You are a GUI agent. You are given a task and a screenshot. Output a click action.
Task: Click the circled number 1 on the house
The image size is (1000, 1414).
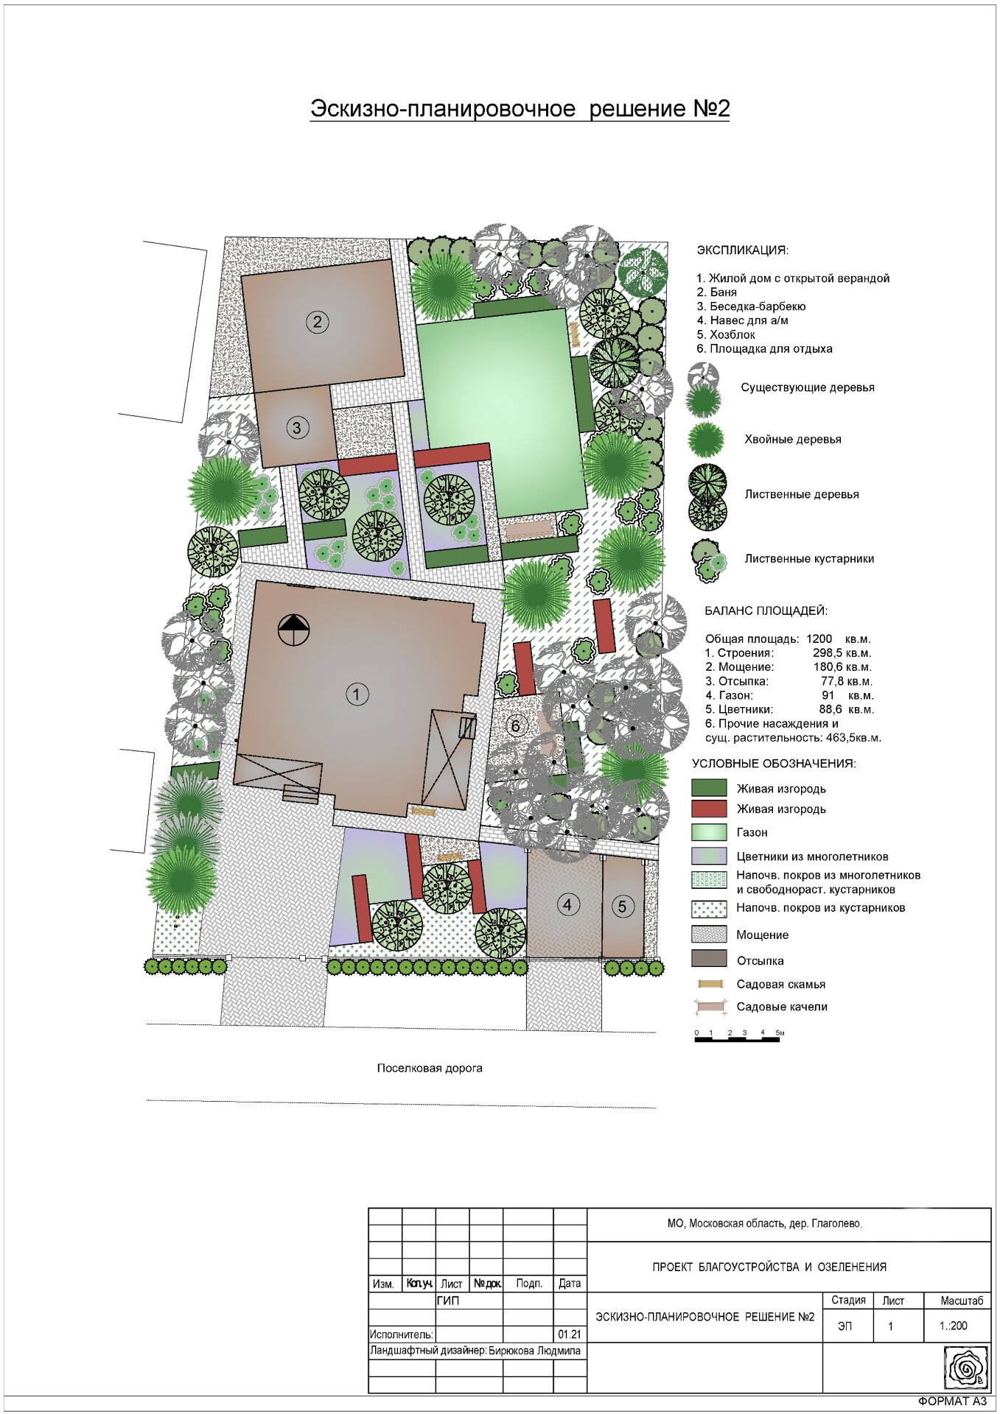[357, 694]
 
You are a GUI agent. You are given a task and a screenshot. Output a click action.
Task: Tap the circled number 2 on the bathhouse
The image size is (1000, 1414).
[318, 321]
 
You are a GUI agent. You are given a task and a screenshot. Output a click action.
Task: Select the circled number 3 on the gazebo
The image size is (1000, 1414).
[296, 427]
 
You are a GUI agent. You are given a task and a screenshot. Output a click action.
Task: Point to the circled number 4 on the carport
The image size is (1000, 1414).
[567, 904]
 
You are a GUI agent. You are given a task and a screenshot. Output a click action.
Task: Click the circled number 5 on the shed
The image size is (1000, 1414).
[622, 906]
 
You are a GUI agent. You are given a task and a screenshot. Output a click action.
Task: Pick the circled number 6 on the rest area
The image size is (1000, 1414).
[515, 725]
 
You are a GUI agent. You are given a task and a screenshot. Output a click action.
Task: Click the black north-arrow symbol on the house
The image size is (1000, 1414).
[294, 630]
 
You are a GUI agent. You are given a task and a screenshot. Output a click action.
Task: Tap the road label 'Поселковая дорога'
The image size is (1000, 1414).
[430, 1068]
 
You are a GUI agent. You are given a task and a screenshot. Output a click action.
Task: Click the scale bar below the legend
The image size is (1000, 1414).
[738, 1034]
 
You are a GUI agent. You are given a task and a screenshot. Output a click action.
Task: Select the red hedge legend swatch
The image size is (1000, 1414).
[709, 809]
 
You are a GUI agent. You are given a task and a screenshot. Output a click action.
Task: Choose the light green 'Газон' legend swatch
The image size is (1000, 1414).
[709, 832]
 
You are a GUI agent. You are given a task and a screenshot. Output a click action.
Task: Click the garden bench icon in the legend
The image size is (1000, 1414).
[710, 984]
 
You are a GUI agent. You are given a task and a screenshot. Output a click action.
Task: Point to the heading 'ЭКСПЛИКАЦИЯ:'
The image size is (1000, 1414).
[742, 250]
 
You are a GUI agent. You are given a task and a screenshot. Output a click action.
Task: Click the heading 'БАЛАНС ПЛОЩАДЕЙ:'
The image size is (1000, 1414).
[766, 611]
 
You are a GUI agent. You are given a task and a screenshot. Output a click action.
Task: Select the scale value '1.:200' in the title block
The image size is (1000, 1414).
[954, 1326]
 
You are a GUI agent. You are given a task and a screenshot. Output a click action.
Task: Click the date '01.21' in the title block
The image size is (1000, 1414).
[570, 1334]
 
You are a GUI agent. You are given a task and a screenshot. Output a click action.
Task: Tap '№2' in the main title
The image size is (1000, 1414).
[711, 108]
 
